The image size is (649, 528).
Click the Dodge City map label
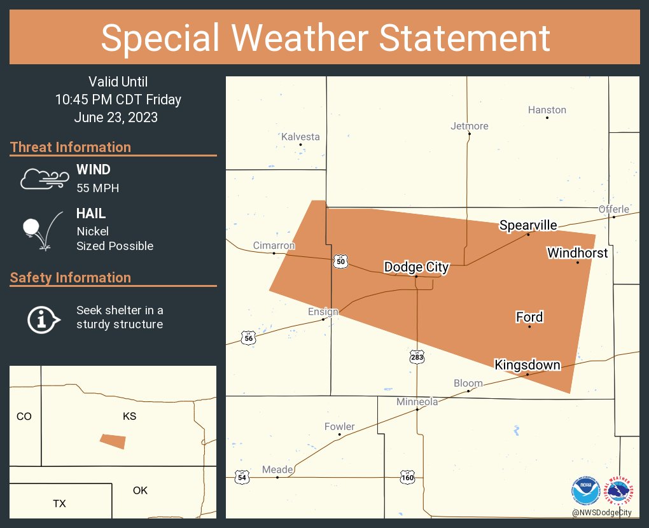(416, 267)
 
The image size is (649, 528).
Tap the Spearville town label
(528, 225)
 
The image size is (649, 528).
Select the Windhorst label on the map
(577, 253)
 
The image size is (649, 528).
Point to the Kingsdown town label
(527, 365)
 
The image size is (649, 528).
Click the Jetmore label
(469, 126)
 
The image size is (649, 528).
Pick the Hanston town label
(547, 110)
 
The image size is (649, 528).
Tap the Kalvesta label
(300, 137)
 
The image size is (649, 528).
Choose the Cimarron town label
(274, 246)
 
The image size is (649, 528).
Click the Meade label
(277, 470)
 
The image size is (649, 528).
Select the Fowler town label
(339, 427)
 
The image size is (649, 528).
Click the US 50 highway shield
(340, 261)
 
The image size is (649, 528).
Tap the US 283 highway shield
(417, 358)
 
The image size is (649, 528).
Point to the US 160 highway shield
(408, 476)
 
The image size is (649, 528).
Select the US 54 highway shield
(241, 476)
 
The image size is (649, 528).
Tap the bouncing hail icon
(41, 230)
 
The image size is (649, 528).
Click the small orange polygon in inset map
(113, 441)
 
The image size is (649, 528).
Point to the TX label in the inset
(59, 503)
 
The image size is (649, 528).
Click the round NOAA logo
(585, 492)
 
